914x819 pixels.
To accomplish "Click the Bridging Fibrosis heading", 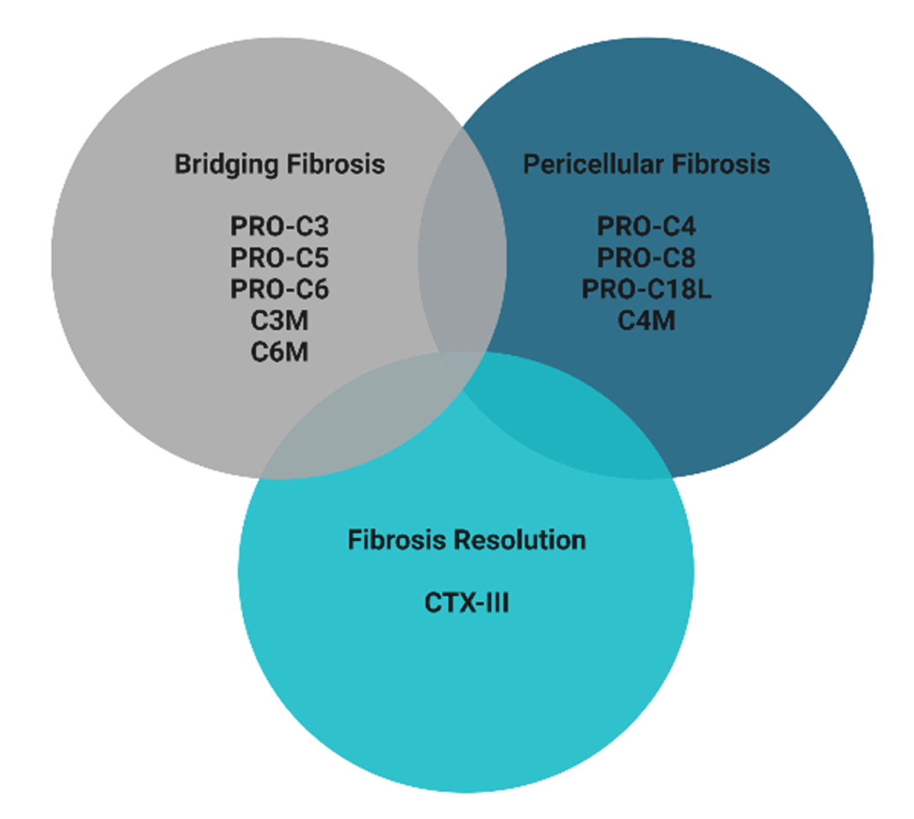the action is [280, 165].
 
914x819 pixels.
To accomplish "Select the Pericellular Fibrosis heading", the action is [647, 164].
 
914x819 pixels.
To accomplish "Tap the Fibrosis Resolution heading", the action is [467, 540].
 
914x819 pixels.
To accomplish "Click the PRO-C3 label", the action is [280, 226].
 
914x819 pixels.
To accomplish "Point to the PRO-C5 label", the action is [280, 258].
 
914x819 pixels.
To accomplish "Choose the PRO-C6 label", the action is [280, 289].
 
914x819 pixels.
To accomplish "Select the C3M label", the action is [280, 321].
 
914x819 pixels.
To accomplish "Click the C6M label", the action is [280, 352].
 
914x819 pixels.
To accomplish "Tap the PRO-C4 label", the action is [647, 226].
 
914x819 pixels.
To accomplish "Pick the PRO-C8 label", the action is [647, 258].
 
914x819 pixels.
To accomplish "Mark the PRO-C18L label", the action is [647, 289].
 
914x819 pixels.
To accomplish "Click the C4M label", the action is [647, 321].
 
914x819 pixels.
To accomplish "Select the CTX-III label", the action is [467, 603].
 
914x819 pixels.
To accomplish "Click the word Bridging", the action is [227, 165].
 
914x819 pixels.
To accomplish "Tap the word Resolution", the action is [520, 540].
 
